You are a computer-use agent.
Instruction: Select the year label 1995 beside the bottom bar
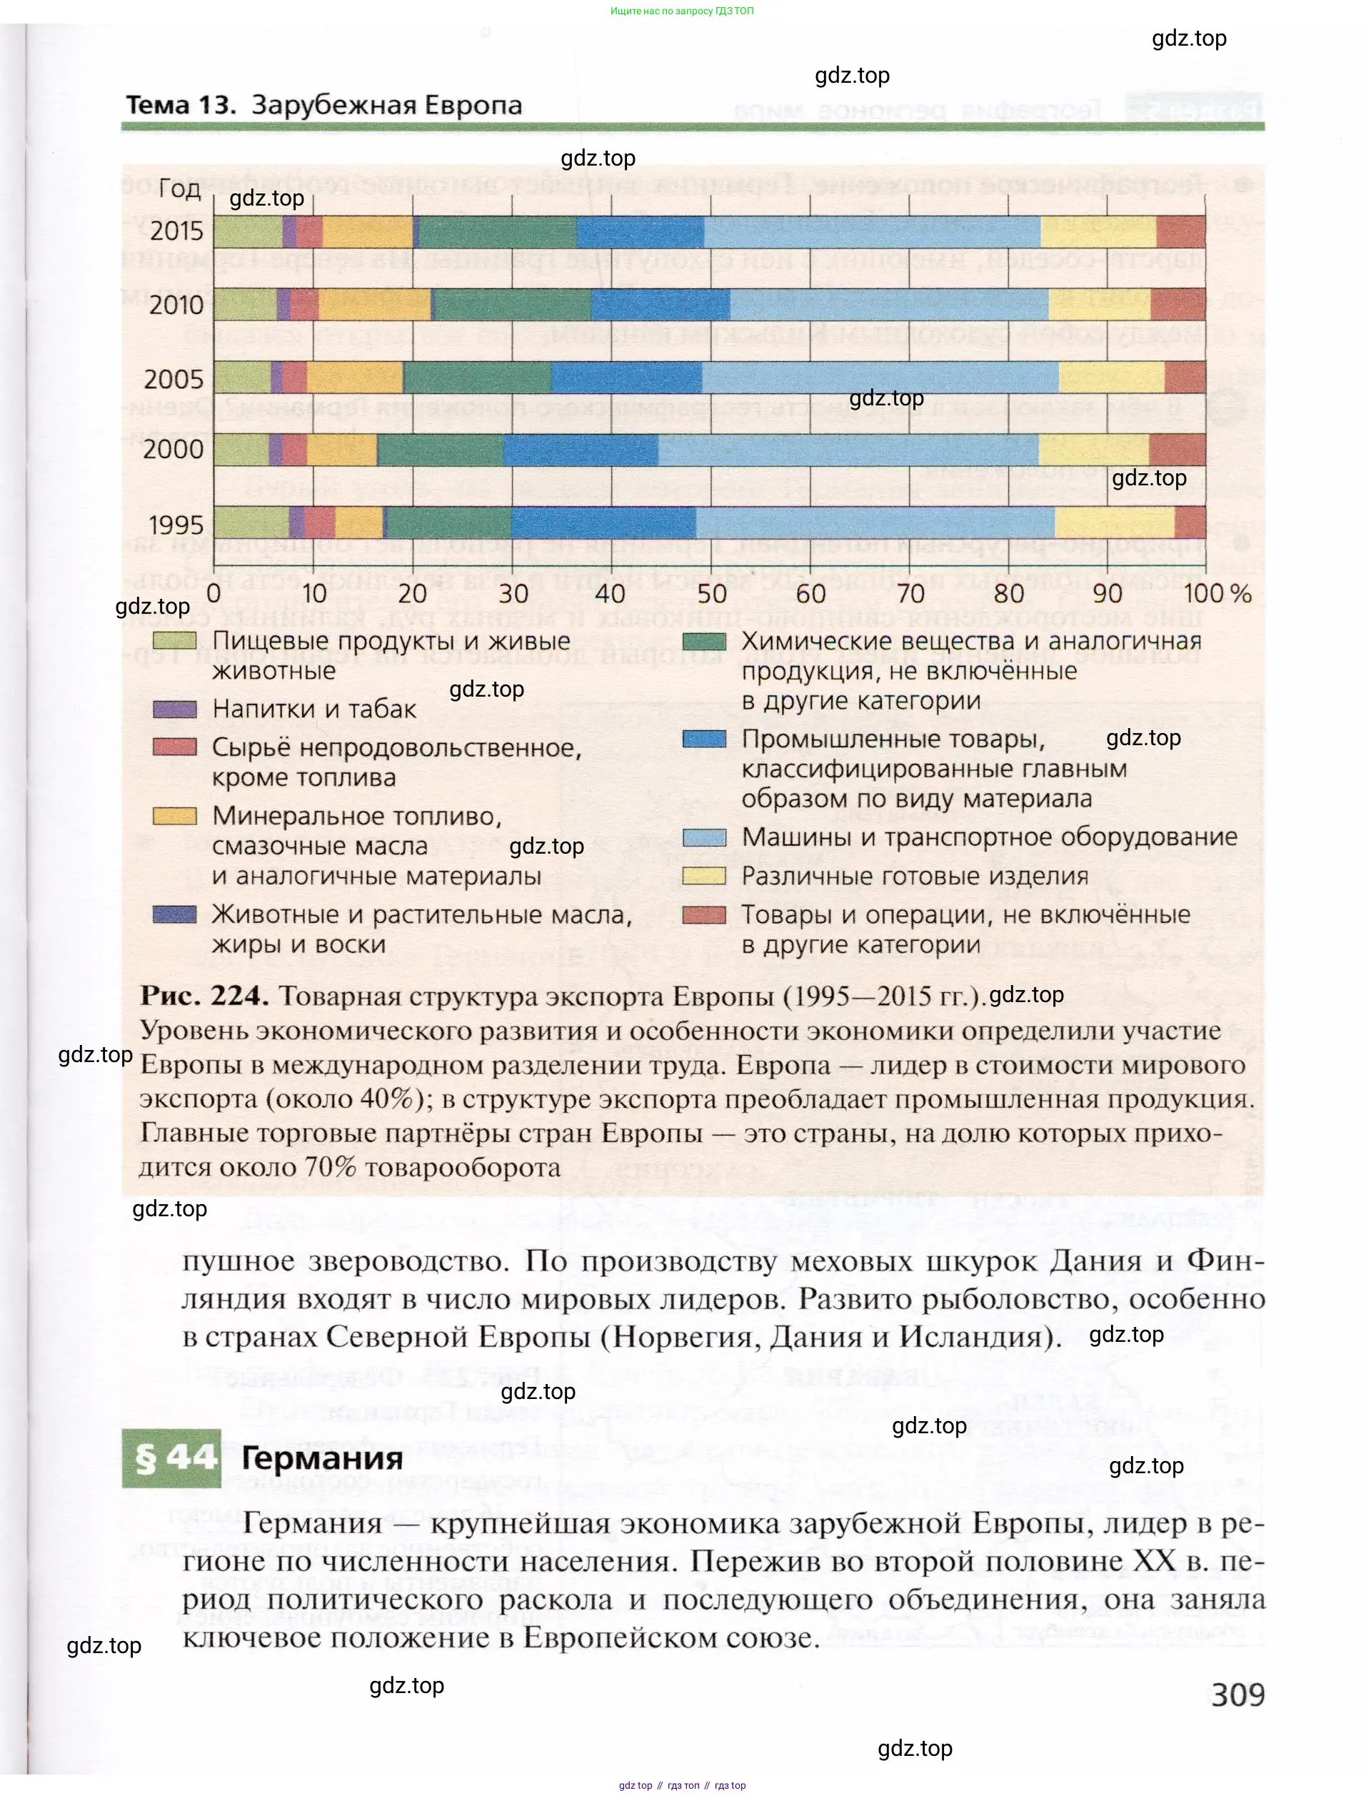tap(176, 525)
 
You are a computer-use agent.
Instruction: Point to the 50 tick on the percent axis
tap(711, 593)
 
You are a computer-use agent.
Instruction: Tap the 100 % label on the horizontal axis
tap(1216, 593)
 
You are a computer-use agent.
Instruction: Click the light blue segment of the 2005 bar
tap(880, 379)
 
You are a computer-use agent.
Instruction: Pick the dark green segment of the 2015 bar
tap(498, 232)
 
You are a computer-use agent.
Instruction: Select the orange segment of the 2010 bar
tap(374, 305)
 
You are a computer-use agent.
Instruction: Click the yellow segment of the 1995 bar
tap(1114, 522)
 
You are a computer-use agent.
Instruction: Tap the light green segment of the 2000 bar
tap(241, 450)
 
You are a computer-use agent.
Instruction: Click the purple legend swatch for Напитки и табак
tap(175, 709)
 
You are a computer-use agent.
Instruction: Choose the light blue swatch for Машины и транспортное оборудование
tap(704, 837)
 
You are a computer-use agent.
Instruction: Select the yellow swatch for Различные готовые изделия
tap(704, 875)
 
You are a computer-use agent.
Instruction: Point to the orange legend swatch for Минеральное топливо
tap(175, 815)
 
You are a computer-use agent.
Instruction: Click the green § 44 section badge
tap(171, 1458)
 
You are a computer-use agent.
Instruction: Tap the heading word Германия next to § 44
tap(322, 1458)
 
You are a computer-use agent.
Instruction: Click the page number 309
tap(1237, 1695)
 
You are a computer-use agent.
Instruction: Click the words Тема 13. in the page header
tap(181, 105)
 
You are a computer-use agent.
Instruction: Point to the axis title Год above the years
tap(179, 188)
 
